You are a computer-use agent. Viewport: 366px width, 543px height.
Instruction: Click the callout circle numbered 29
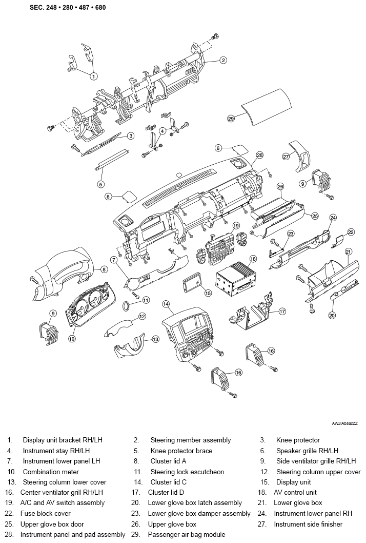click(x=231, y=119)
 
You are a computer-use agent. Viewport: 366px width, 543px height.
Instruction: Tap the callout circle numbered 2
click(x=223, y=60)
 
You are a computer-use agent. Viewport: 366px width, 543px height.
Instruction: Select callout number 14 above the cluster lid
click(x=166, y=304)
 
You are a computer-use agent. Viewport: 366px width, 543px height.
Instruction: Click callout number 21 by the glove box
click(x=348, y=251)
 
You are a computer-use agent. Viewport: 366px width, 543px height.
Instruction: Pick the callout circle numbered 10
click(x=72, y=338)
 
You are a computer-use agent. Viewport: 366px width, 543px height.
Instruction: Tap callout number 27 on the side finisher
click(x=286, y=156)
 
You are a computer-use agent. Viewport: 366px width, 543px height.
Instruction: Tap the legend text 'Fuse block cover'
click(x=45, y=514)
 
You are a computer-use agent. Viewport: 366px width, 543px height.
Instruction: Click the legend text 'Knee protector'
click(x=298, y=440)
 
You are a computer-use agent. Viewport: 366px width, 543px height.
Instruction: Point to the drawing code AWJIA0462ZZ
click(x=344, y=424)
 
